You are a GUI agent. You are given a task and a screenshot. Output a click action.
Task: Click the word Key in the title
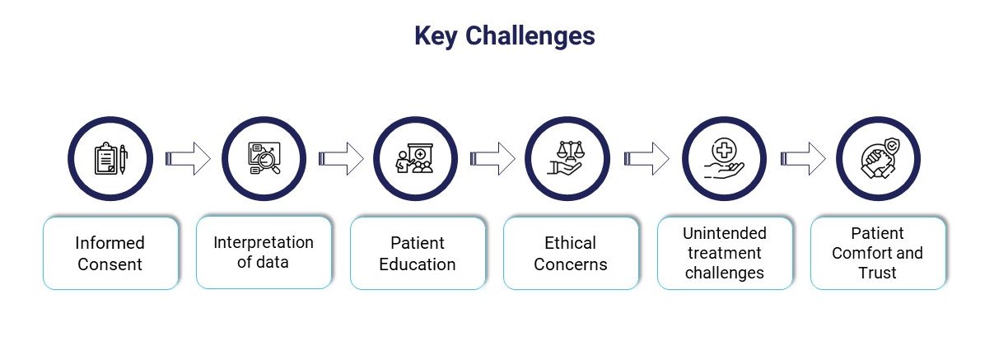pos(436,36)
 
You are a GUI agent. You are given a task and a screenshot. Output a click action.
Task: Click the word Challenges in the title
pos(530,36)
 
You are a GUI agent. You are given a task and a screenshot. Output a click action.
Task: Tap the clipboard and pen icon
pos(110,158)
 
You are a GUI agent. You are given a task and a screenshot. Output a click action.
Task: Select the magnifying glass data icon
pos(264,158)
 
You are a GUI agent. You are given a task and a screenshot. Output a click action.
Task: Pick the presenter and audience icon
pos(415,158)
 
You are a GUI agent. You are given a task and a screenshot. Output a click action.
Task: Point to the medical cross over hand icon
pos(724,158)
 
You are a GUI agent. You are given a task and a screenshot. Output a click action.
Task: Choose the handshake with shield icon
pos(879,158)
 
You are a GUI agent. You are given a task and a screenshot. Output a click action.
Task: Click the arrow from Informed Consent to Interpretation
pos(188,158)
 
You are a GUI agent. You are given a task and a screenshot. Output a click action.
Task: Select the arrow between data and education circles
pos(341,158)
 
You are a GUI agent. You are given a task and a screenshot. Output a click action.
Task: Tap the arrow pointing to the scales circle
pos(492,158)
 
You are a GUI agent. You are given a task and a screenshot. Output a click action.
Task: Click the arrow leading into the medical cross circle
pos(646,158)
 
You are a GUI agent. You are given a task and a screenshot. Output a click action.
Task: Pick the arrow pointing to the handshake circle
pos(803,158)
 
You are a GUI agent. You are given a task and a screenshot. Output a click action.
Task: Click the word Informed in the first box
pos(110,243)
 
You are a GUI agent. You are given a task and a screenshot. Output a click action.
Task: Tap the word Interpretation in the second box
pos(264,242)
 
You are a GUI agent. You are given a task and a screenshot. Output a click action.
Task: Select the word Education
pos(418,264)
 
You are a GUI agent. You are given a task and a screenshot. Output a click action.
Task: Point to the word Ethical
pos(570,243)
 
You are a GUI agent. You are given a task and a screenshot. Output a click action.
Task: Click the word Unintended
pos(725,233)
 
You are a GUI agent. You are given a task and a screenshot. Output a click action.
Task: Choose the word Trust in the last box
pos(877,273)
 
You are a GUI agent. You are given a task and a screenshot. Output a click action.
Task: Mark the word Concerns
pos(571,264)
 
